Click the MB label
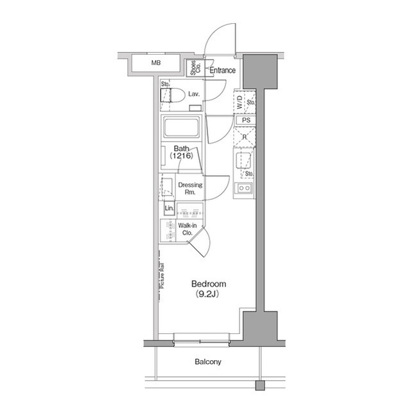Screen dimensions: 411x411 point(156,63)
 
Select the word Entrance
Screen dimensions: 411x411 point(222,71)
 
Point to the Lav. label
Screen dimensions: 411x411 point(193,94)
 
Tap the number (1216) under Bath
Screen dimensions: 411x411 point(182,156)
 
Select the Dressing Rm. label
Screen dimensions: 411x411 point(191,188)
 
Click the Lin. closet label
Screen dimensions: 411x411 point(169,209)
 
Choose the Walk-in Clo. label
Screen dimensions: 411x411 point(187,230)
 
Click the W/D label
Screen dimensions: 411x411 point(239,102)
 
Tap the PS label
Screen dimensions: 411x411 point(246,120)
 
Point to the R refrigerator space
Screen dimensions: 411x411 point(245,136)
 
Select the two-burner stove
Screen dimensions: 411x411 point(245,188)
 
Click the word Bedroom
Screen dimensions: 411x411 point(208,284)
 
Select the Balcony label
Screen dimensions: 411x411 point(207,361)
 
